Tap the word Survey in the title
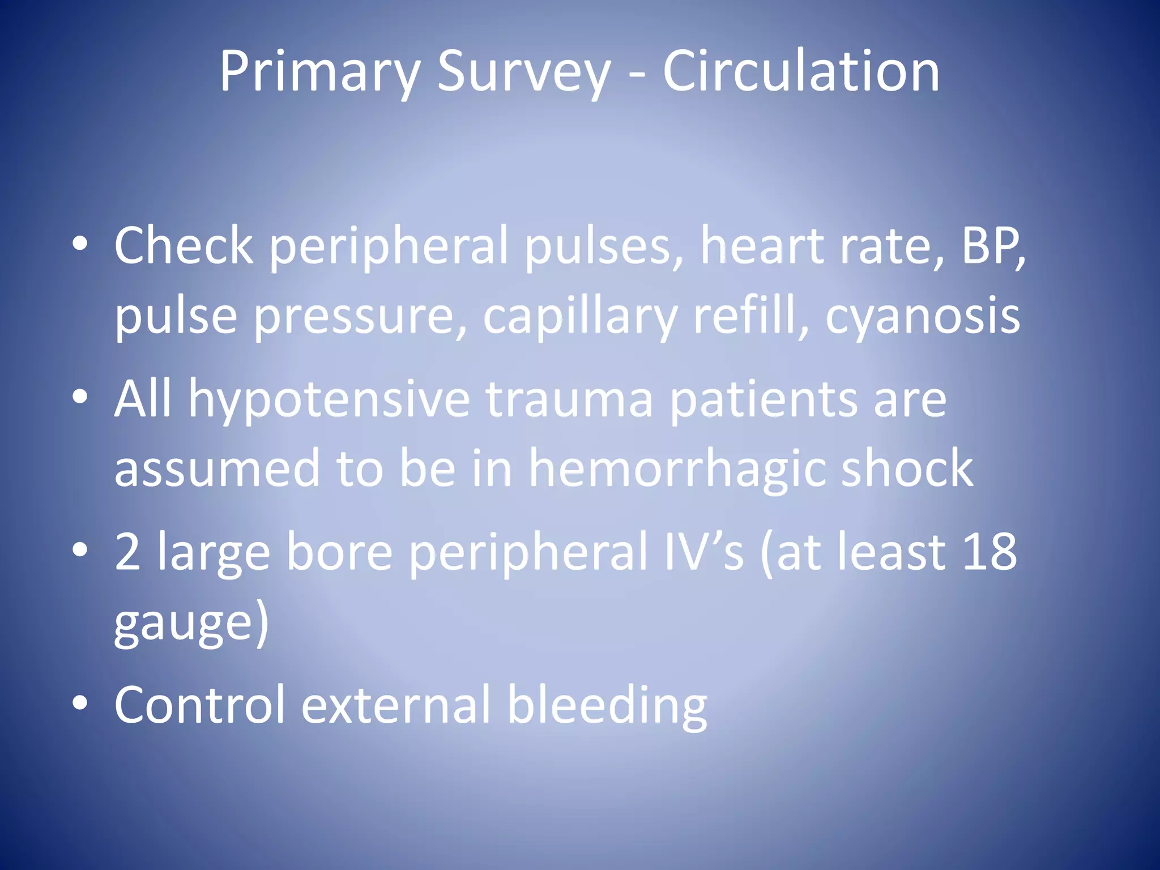pos(524,72)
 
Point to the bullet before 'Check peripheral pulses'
pos(80,244)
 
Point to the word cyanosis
pos(923,317)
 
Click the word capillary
pos(580,317)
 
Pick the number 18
pos(989,552)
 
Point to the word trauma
pos(569,399)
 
